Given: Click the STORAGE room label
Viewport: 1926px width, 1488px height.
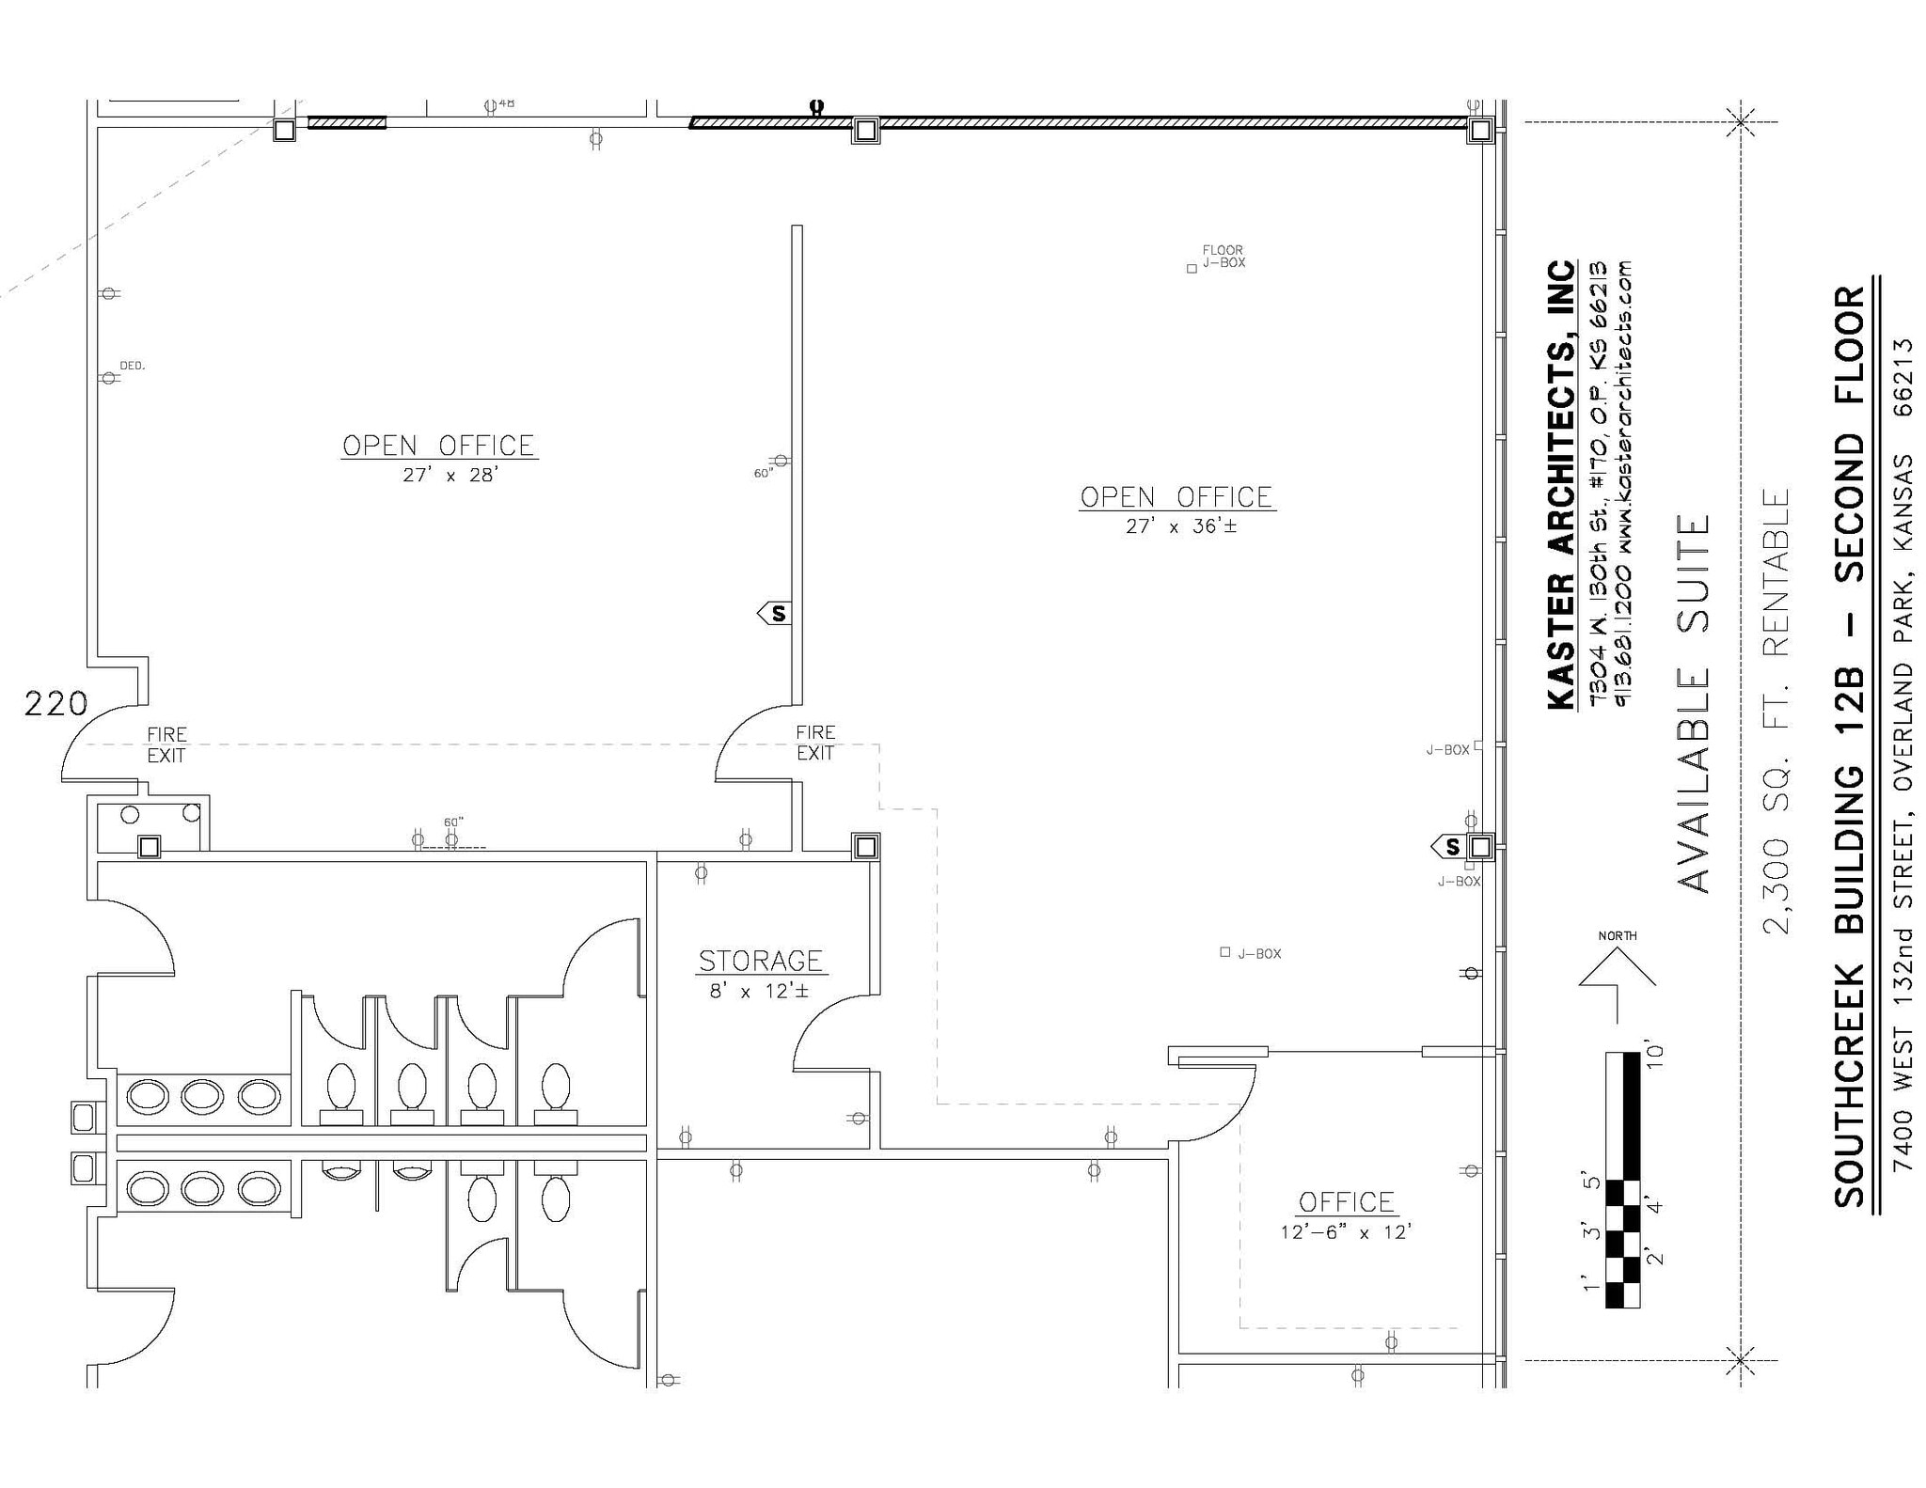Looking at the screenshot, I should [x=760, y=961].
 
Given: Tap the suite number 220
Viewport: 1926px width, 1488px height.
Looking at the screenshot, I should [x=55, y=703].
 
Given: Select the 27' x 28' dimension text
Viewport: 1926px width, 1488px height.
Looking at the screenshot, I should [x=450, y=475].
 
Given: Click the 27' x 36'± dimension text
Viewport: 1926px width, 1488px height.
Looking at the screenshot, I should [x=1181, y=526].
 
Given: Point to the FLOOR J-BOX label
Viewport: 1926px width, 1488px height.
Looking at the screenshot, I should [x=1223, y=257].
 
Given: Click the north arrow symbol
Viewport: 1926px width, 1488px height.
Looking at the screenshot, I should [x=1617, y=978].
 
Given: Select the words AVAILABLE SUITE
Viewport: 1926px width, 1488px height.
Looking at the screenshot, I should [x=1694, y=703].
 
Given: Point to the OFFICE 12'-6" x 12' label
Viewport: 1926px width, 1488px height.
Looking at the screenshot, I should [x=1346, y=1215].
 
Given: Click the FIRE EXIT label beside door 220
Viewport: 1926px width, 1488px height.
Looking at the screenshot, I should [x=166, y=744].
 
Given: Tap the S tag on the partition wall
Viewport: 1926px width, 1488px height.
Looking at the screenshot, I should [x=776, y=614].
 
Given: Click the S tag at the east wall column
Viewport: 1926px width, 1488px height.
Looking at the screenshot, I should [x=1449, y=847].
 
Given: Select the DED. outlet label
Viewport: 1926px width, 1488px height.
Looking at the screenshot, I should [x=132, y=366].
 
